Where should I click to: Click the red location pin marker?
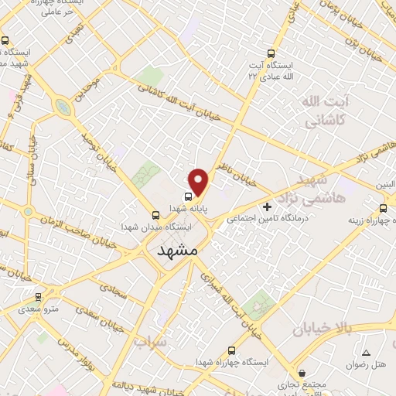click(x=200, y=182)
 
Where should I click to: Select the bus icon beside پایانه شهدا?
click(x=188, y=196)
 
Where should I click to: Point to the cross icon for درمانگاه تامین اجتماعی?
click(x=268, y=207)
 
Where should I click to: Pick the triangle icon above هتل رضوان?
click(x=366, y=353)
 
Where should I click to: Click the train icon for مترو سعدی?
click(x=38, y=297)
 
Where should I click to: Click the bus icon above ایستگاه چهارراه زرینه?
click(x=384, y=208)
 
